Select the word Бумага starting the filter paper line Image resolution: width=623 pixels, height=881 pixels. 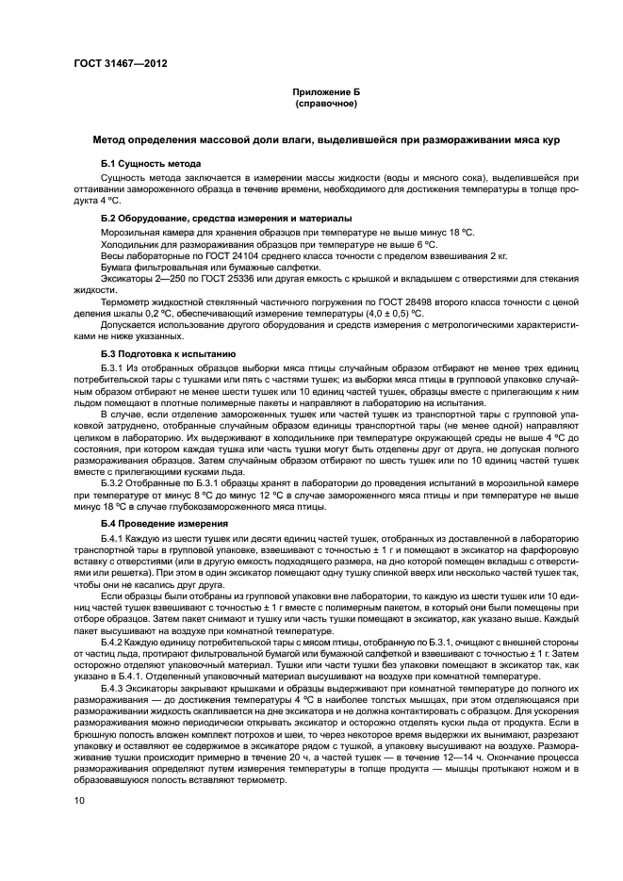pyautogui.click(x=118, y=268)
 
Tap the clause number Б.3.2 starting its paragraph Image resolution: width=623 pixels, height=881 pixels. pyautogui.click(x=113, y=483)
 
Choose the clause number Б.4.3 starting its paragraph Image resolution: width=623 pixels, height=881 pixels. pyautogui.click(x=113, y=687)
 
